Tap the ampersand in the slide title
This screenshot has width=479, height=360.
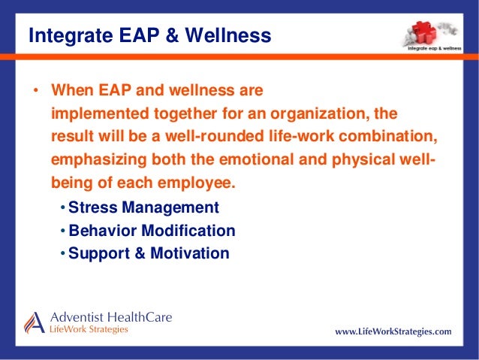pos(172,35)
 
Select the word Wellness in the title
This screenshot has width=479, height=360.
pos(228,35)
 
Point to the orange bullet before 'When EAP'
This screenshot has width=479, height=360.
pos(36,90)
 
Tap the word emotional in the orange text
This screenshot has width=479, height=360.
pos(256,159)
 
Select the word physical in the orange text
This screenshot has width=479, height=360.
pos(363,159)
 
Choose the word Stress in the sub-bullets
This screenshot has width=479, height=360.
pos(93,207)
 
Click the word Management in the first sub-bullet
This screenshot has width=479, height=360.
pos(170,207)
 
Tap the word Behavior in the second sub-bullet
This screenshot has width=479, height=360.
pos(103,230)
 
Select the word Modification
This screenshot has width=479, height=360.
pos(188,230)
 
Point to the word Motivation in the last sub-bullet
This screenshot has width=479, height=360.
pos(190,253)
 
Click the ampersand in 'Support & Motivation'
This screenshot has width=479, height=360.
pos(140,253)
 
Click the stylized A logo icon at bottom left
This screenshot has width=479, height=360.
pos(35,322)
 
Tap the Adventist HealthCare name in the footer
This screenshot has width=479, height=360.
pos(111,317)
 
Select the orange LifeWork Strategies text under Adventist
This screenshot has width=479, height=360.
pos(89,329)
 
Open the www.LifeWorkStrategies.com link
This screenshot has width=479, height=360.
pos(393,331)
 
